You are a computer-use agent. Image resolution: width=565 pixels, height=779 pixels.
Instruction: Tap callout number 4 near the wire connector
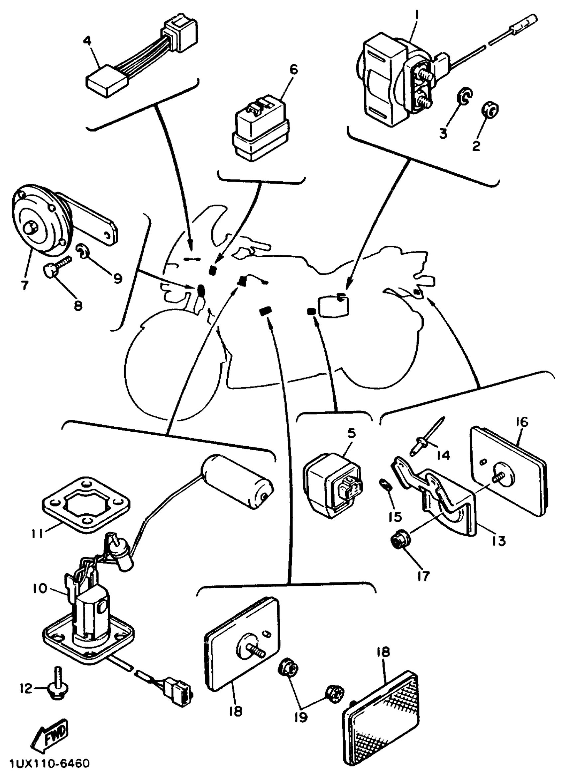coord(88,41)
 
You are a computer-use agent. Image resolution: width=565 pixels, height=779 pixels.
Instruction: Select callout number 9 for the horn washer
coord(118,278)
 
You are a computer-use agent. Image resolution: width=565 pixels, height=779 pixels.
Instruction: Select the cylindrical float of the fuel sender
coord(237,482)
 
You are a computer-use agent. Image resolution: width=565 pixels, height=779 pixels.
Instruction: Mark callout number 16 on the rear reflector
coord(522,422)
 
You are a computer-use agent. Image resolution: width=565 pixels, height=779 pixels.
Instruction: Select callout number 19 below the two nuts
coord(301,717)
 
